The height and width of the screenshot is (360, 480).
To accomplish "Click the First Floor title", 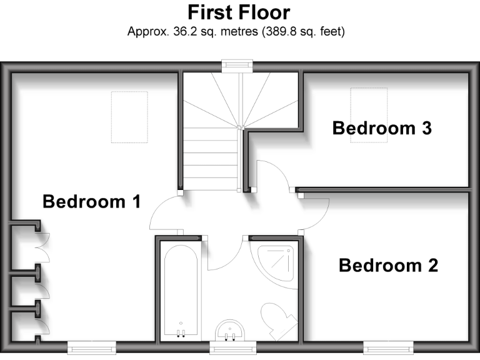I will tap(239, 12).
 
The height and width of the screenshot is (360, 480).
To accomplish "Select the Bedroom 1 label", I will tap(91, 202).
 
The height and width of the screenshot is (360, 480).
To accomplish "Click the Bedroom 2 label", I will tap(388, 266).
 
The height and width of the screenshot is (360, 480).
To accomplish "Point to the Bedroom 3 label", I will tap(382, 128).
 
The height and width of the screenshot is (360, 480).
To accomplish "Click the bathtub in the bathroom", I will tap(180, 291).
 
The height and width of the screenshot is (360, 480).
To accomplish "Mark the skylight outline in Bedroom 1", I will tap(129, 117).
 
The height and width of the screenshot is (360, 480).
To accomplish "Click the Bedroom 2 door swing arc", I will tap(316, 216).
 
